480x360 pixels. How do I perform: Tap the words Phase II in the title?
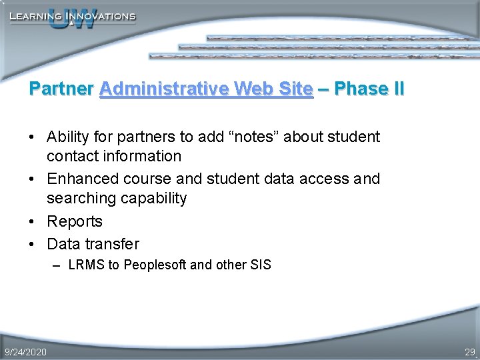[370, 89]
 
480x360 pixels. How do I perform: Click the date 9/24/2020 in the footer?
[25, 351]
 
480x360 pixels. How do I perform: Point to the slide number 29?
[469, 351]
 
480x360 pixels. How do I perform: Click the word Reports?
[75, 221]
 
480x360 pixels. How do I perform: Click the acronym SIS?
[261, 265]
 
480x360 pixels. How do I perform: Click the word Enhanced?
[81, 179]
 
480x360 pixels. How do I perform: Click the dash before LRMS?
[57, 265]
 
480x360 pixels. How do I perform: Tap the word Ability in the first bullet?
[68, 137]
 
